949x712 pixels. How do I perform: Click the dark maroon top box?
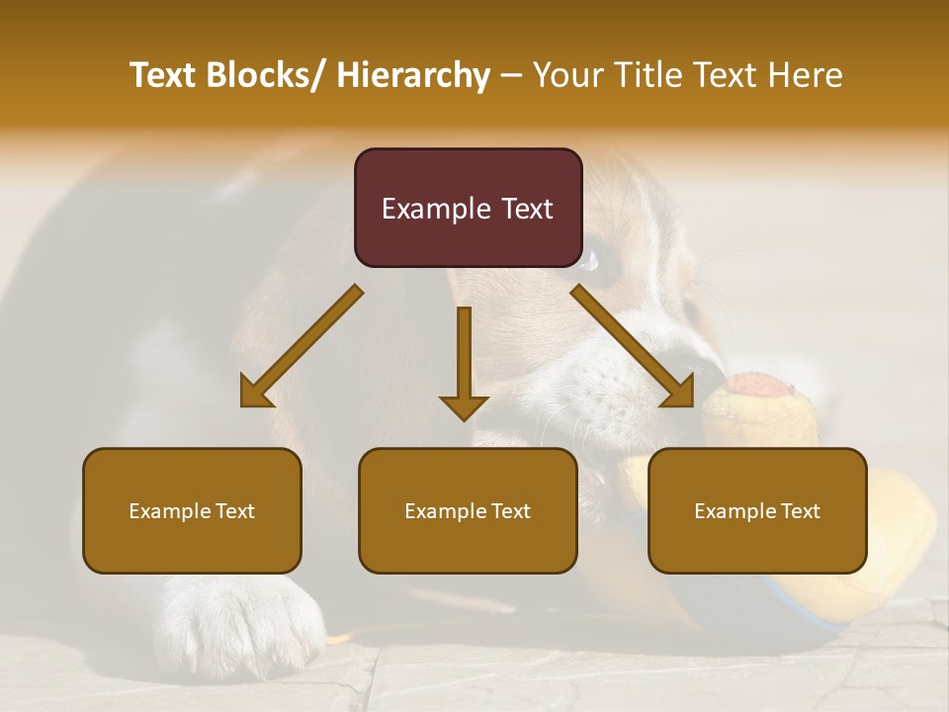[468, 208]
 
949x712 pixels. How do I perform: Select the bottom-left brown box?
[192, 510]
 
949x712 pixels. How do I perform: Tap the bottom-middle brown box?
[468, 510]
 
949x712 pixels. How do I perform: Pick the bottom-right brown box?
[757, 510]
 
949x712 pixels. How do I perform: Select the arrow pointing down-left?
[302, 347]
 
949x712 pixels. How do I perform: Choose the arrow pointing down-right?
[633, 346]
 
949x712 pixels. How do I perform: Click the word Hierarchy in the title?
[413, 75]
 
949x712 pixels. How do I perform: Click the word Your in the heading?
[566, 75]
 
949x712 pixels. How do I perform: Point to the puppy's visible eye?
[605, 265]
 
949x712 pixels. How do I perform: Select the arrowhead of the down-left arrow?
[255, 394]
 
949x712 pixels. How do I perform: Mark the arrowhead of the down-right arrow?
[680, 393]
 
